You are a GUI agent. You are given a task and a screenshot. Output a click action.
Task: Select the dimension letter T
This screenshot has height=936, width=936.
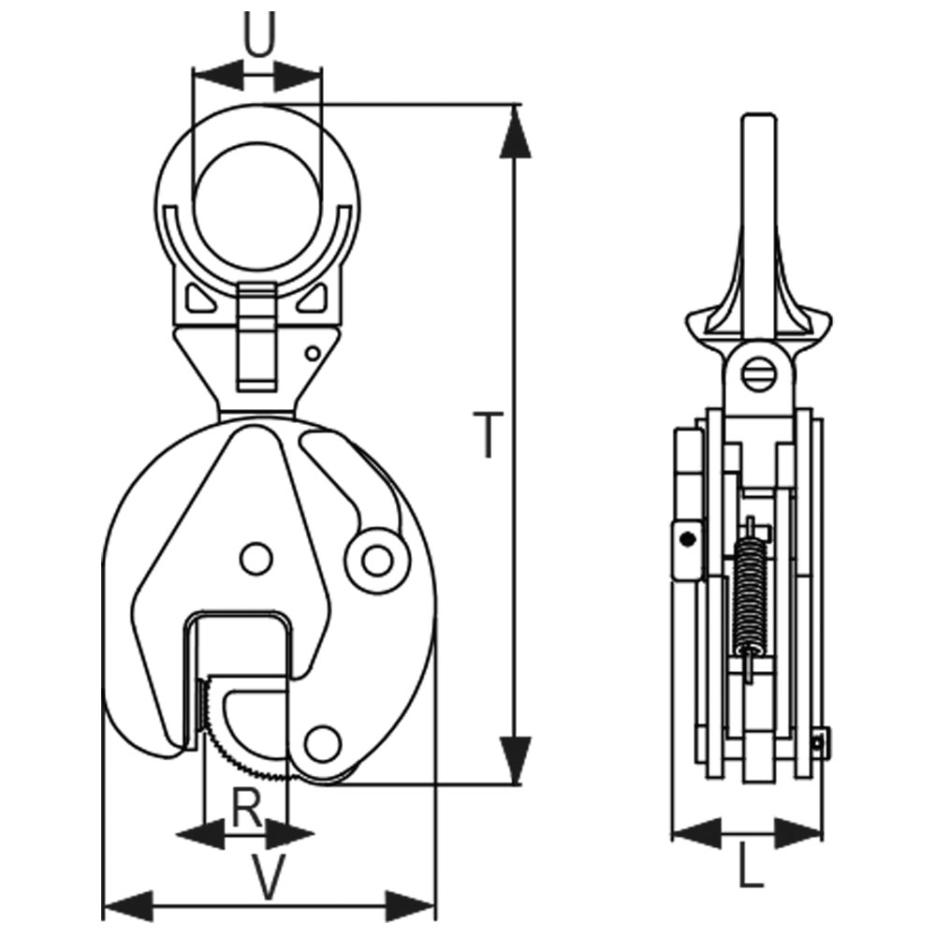[487, 436]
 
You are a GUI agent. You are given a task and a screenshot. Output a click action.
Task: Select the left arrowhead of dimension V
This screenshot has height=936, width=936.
[126, 905]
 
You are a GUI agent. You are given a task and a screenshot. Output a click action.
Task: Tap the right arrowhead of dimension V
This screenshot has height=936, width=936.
[411, 905]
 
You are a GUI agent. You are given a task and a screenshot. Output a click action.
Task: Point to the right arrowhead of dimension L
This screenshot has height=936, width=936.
[799, 829]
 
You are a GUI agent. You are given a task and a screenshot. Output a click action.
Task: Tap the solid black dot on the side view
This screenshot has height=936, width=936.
[688, 538]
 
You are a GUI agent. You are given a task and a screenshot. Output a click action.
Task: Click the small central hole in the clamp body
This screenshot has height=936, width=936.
[255, 558]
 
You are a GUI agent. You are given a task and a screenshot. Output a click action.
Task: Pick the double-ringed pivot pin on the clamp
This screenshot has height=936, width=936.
[376, 561]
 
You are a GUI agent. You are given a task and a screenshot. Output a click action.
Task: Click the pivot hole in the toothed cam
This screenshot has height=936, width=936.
[322, 745]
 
